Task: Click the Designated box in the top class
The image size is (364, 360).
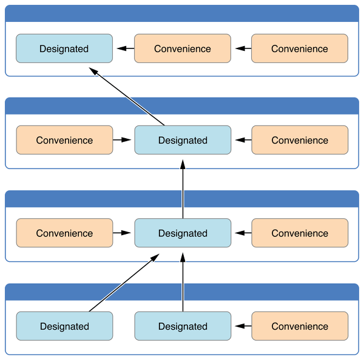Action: pyautogui.click(x=64, y=48)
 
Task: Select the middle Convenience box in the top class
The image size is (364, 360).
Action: pyautogui.click(x=183, y=48)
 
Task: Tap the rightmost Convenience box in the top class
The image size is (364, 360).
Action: pyautogui.click(x=300, y=48)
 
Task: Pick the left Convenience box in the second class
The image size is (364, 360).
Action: pyautogui.click(x=64, y=140)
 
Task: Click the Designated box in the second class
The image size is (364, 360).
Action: pyautogui.click(x=183, y=140)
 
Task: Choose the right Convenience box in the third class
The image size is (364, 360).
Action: pyautogui.click(x=300, y=233)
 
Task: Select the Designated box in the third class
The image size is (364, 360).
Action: pyautogui.click(x=183, y=233)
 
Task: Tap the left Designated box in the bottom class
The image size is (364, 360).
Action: pyautogui.click(x=64, y=326)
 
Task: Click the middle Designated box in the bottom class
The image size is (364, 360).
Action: pyautogui.click(x=183, y=326)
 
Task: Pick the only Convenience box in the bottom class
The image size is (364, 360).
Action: pyautogui.click(x=300, y=326)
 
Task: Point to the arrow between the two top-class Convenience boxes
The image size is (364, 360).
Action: pyautogui.click(x=243, y=48)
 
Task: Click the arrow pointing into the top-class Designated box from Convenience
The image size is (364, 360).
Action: pyautogui.click(x=126, y=48)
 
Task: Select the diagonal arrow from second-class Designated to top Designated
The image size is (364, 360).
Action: pyautogui.click(x=127, y=96)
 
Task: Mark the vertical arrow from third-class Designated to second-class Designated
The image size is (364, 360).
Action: pyautogui.click(x=183, y=189)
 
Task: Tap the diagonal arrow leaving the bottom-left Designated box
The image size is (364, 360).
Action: pyautogui.click(x=124, y=282)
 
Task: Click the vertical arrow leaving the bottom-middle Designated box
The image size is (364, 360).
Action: pyautogui.click(x=183, y=282)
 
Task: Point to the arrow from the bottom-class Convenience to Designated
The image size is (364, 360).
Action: pyautogui.click(x=243, y=326)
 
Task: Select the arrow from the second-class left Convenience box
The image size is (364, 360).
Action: pyautogui.click(x=122, y=140)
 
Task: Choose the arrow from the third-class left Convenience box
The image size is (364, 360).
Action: pyautogui.click(x=122, y=233)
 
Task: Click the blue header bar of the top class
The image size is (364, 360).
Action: pyautogui.click(x=182, y=13)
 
